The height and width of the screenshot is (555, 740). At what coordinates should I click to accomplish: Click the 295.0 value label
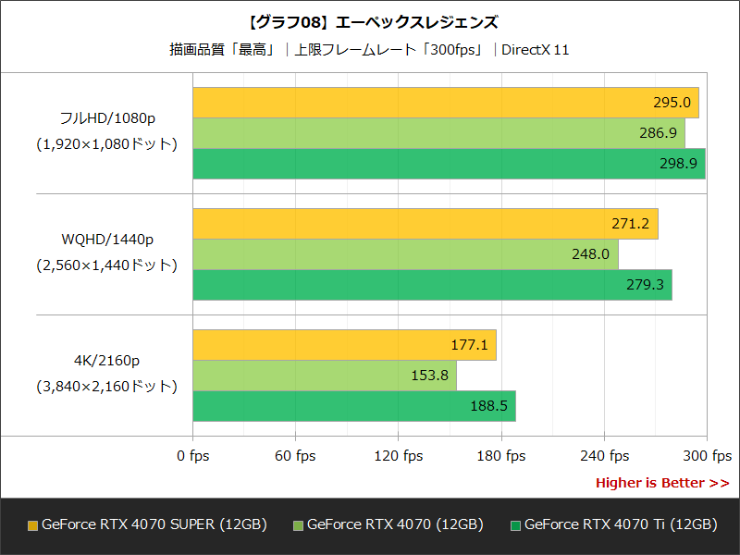point(672,103)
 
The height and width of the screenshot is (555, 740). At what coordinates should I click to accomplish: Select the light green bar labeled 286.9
point(438,133)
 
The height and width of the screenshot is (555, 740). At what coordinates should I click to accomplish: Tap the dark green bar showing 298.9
point(449,164)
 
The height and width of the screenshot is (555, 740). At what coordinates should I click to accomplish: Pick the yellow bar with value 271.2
point(425,224)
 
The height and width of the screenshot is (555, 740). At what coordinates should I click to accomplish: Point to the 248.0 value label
point(591,254)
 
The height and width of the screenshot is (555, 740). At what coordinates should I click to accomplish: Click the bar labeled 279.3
point(432,285)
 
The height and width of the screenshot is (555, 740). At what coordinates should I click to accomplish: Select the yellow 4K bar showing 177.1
point(344,345)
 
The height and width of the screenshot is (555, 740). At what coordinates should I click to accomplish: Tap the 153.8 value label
point(429,376)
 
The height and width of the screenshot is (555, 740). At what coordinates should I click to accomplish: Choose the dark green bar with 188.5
point(354,406)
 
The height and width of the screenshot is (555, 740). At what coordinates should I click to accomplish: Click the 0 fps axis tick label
point(193,456)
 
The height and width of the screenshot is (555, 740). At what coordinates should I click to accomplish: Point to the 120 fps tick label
point(399,456)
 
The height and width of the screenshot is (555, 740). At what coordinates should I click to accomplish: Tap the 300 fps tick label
point(707,456)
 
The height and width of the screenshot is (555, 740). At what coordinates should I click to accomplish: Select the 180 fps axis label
point(501,456)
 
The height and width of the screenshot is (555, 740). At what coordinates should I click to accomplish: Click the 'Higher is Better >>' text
point(661,483)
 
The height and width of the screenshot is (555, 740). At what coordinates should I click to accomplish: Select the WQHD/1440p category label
point(107,240)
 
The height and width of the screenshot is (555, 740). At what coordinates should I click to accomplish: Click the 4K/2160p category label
point(107,361)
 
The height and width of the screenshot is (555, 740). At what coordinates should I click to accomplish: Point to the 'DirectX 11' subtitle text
point(535,49)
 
